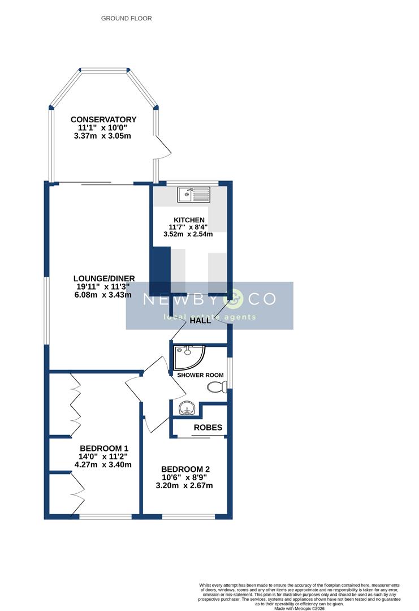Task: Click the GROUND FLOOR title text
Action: coord(126,19)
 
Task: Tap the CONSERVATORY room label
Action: coord(103,119)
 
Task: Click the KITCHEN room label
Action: coord(189,220)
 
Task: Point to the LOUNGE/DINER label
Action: coord(104,278)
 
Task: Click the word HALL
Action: coord(200,320)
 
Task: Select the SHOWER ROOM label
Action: coord(200,375)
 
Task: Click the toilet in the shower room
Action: coord(217,387)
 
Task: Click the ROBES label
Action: coord(208,428)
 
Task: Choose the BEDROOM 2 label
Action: coord(185,469)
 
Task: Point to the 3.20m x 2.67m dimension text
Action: coord(185,485)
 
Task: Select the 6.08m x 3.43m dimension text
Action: coord(104,295)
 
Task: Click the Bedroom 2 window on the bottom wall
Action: coord(188,517)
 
